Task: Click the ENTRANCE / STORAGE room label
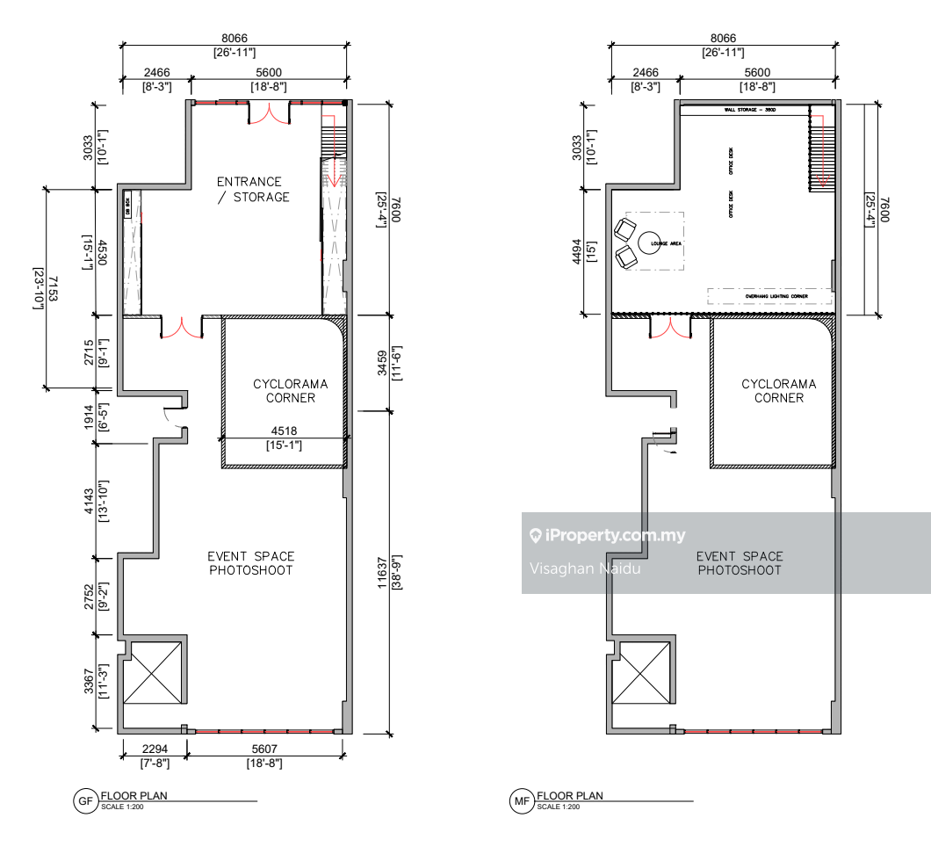coord(253,190)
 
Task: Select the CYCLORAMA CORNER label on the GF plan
coord(290,391)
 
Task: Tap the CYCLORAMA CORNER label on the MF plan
coord(778,391)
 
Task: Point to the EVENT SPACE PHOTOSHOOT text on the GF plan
coord(250,563)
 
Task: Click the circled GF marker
coord(85,800)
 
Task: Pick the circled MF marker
coord(521,800)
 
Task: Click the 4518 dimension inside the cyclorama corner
coord(283,431)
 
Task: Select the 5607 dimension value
coord(264,750)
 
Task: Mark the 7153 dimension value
coord(53,288)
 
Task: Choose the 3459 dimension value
coord(382,362)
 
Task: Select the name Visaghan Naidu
coord(585,568)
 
